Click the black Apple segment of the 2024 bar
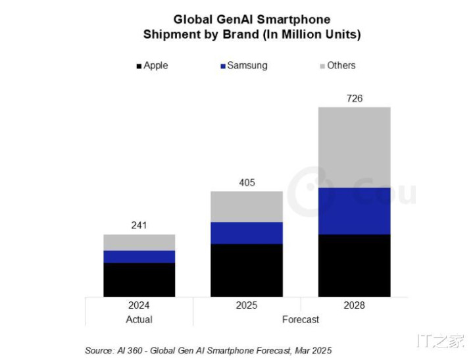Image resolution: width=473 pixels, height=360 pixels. point(139,280)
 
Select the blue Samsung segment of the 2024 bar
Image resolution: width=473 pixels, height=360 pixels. point(139,257)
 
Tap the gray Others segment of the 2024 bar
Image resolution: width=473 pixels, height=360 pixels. point(139,242)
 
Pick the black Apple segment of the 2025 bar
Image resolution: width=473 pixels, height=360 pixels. point(247,270)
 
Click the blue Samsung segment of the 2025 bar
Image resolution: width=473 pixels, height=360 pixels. point(247,233)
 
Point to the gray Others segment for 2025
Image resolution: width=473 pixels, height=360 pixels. point(247,207)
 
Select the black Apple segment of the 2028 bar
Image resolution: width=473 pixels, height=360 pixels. point(354,265)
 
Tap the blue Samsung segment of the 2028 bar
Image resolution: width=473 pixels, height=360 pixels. point(354,211)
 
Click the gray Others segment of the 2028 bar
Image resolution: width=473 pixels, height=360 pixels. point(354,147)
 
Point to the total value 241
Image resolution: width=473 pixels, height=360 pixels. point(139,225)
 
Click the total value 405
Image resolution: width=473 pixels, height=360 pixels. point(247,182)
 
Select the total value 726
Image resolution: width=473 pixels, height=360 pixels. point(355,99)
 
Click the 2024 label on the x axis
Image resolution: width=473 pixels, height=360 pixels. point(139,305)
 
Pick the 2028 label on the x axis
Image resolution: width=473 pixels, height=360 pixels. point(354,305)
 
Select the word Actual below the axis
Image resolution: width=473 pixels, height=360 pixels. point(139,319)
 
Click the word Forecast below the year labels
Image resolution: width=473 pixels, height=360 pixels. point(301,319)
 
